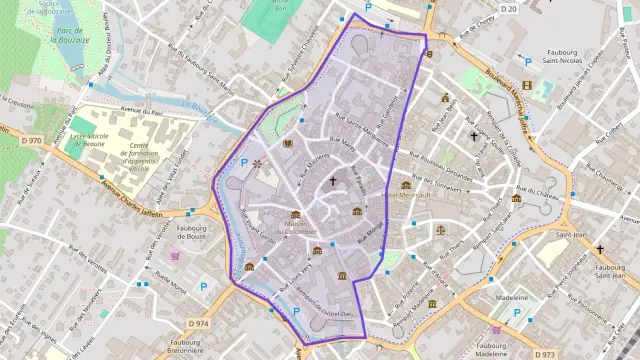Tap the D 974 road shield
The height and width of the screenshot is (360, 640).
pyautogui.click(x=198, y=324)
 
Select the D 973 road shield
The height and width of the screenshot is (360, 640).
pyautogui.click(x=544, y=354)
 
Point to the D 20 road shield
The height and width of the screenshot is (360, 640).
pyautogui.click(x=508, y=9)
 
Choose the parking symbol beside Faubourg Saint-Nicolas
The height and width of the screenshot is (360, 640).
pyautogui.click(x=529, y=60)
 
